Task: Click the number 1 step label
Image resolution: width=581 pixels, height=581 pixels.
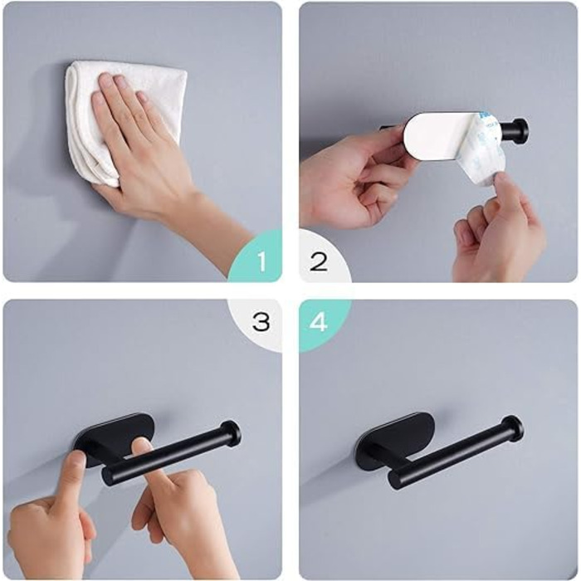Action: coord(262,261)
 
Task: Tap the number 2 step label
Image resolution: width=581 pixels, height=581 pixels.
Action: coord(318,261)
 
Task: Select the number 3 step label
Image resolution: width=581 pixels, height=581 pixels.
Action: coord(261,321)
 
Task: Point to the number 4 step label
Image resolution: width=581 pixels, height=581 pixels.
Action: coord(319,321)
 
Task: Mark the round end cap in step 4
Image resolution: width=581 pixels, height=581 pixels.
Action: coord(512,429)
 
